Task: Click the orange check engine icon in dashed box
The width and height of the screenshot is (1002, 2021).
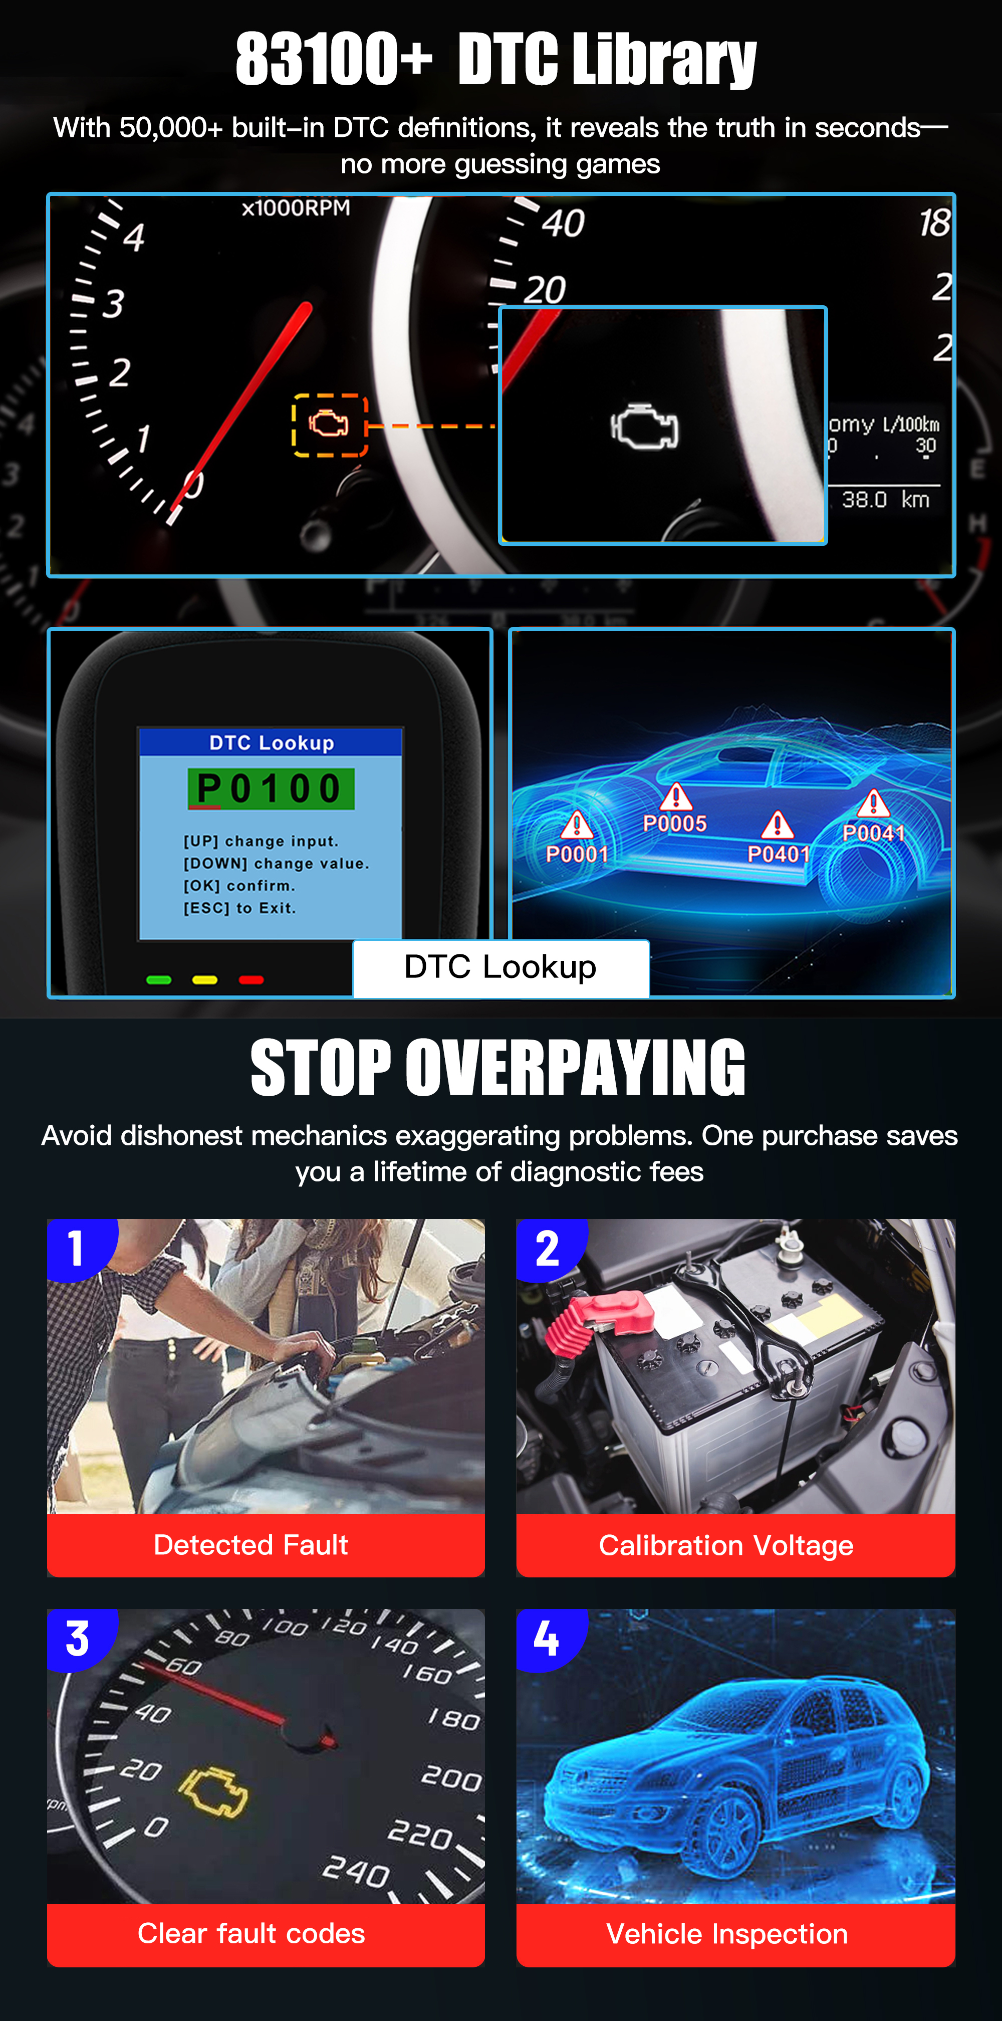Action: coord(329,425)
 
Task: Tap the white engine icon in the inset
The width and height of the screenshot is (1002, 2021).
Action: coord(644,428)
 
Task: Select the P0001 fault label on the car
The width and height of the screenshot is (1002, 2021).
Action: coord(577,854)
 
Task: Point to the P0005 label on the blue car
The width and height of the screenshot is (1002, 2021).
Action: coord(674,823)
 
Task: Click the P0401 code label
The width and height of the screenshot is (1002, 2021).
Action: coord(778,854)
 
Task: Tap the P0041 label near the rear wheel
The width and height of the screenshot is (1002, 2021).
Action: coord(873,833)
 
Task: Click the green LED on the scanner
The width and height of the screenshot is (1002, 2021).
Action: coord(159,979)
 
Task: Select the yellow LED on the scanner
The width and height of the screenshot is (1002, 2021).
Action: coord(204,979)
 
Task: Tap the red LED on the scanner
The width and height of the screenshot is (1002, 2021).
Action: coord(251,979)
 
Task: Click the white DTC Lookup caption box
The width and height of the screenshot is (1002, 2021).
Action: coord(500,967)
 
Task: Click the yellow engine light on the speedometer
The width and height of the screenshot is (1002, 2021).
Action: coord(214,1793)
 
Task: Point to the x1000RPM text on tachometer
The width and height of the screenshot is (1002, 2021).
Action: coord(296,208)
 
